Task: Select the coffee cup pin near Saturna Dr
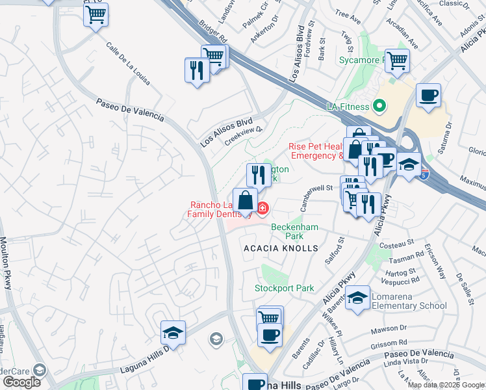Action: tap(428, 96)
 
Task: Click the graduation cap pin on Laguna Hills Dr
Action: tap(173, 333)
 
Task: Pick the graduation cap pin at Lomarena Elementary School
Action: tap(357, 298)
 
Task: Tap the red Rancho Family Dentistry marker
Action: tap(262, 208)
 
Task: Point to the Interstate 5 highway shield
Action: tap(424, 174)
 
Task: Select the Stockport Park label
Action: tap(285, 288)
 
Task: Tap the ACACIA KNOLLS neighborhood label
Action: tap(281, 248)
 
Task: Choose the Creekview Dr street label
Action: tap(243, 133)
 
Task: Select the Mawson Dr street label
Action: tap(389, 329)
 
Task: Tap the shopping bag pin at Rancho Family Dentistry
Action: tap(246, 201)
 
